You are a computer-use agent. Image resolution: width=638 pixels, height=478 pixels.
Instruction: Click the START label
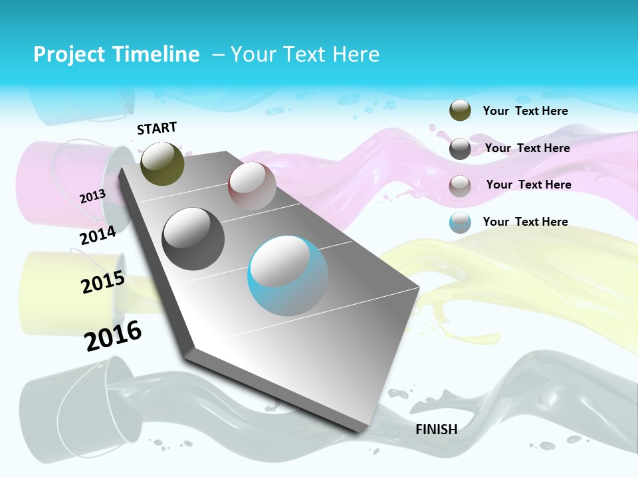pos(157,128)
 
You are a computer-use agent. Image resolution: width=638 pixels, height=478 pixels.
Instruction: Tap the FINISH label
pos(436,430)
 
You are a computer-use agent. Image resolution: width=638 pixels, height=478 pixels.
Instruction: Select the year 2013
pos(92,196)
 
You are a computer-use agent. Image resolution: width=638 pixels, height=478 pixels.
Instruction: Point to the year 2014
pos(98,235)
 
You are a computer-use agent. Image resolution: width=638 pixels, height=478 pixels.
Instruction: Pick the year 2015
pos(103,282)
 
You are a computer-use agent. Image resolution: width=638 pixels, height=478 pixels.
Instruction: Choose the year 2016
pos(113,335)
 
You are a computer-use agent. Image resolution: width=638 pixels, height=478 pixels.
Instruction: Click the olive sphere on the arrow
pos(162,163)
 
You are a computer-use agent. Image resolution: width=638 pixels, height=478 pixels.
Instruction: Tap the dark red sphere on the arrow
pos(252,186)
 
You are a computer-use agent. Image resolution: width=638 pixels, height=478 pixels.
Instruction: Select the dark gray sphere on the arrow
pos(193,239)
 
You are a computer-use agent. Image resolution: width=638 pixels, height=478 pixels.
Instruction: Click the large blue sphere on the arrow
pos(288,276)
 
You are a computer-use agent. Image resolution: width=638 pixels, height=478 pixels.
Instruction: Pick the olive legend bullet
pos(460,110)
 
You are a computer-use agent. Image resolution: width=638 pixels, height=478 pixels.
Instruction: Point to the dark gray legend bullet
pos(460,149)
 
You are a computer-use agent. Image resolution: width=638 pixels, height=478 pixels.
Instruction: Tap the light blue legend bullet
pos(460,222)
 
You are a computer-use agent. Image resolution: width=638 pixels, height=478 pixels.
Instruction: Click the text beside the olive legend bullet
pos(525,111)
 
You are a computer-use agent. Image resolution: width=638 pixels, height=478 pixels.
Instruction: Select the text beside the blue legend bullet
pos(525,222)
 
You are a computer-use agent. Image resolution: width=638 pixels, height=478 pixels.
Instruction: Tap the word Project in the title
pos(67,54)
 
